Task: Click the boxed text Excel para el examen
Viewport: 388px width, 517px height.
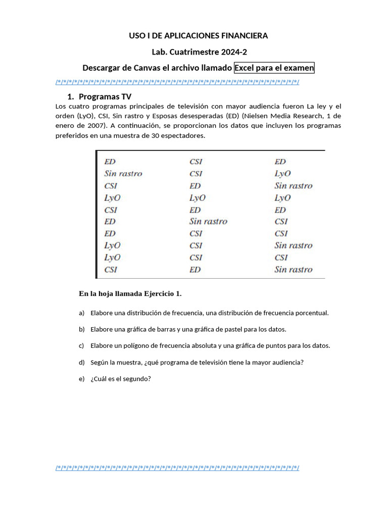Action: coord(274,68)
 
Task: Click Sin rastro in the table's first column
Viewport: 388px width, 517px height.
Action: coord(123,174)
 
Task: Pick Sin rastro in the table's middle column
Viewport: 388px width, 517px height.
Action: coord(208,221)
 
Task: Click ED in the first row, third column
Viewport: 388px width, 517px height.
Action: coord(280,162)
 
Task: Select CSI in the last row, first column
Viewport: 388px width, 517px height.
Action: coord(111,270)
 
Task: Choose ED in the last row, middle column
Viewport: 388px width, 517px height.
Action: coord(195,270)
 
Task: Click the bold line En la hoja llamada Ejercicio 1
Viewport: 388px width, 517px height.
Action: coord(130,293)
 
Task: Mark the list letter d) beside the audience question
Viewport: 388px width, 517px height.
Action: coord(81,363)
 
